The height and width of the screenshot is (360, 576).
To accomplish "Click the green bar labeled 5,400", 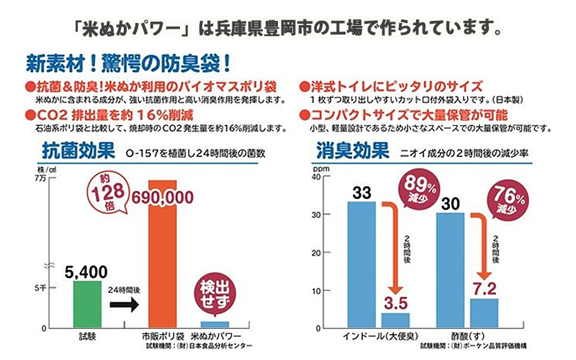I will pos(87,304).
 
